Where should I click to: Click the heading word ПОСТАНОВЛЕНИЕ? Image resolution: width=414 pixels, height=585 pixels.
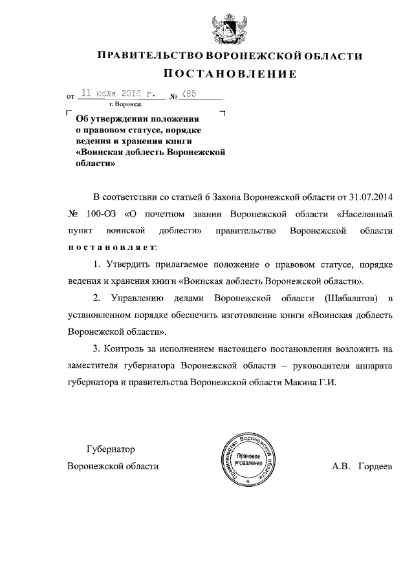click(x=230, y=74)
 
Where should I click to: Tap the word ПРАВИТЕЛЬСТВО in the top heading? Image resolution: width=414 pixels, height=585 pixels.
click(x=144, y=57)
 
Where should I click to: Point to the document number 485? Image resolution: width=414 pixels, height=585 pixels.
click(x=190, y=94)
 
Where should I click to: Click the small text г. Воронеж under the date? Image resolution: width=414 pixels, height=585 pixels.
click(x=129, y=103)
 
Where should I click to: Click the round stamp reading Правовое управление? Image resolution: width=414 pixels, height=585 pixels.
click(x=247, y=460)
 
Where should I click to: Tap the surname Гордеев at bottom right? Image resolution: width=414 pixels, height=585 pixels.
click(x=375, y=466)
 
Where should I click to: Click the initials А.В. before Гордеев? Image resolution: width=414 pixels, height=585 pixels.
click(x=342, y=466)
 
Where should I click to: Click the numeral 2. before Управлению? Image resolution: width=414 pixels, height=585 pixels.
click(x=97, y=298)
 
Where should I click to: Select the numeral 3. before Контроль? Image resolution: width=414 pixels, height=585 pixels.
click(x=97, y=348)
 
